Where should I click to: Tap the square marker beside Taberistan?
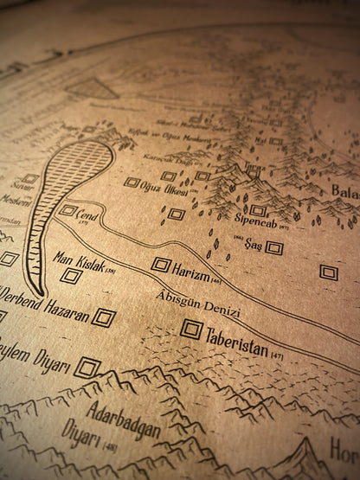coord(192,330)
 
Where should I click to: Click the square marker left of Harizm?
coord(161,265)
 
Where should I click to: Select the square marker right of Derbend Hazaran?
coord(104,317)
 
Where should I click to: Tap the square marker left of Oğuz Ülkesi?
coord(132,182)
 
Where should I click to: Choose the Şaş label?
coord(254,245)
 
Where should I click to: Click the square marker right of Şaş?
coord(274,248)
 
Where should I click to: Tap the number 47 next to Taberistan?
coord(277,355)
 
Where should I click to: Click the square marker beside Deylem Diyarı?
coord(86,368)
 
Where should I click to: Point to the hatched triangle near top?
coord(93,88)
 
